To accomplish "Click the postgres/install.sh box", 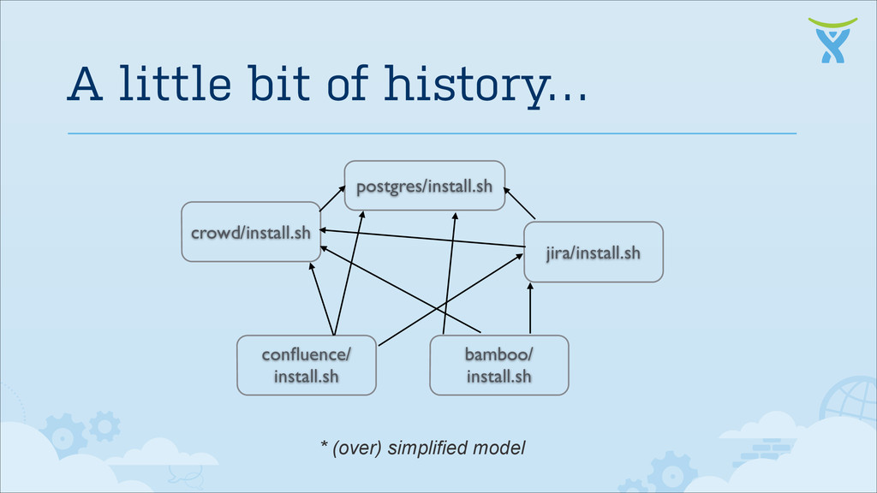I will tap(424, 185).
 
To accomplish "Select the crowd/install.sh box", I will tap(251, 232).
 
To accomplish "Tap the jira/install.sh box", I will tap(593, 252).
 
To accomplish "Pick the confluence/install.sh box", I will tap(306, 365).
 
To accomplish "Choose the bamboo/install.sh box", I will tap(498, 365).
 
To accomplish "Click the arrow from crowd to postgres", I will tap(331, 199).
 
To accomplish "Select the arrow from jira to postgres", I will tap(519, 203).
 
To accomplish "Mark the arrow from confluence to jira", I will tap(450, 299).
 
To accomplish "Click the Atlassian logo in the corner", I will tap(832, 39).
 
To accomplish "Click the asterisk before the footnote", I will tap(325, 445).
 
